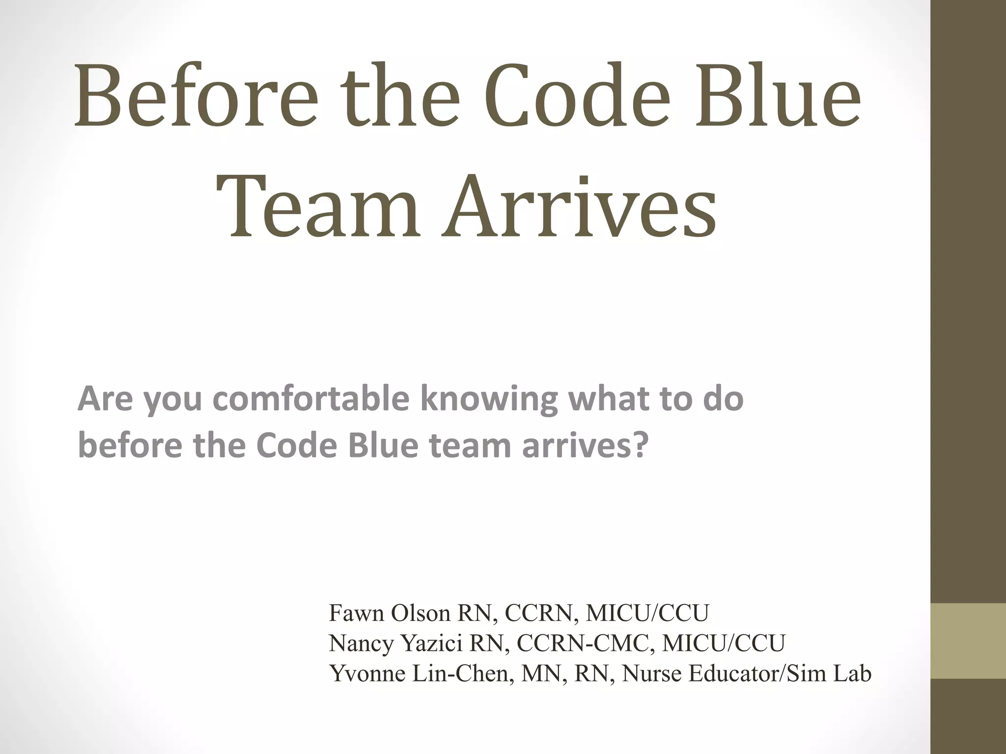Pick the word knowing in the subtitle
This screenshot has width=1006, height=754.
(489, 399)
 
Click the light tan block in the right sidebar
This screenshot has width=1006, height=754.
(968, 641)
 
